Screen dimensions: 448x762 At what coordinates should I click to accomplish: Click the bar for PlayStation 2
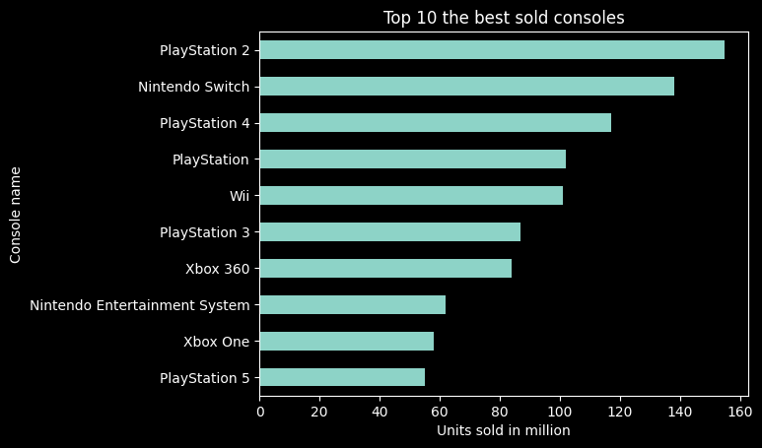point(492,50)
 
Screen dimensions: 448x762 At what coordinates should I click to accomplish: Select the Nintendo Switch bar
point(467,87)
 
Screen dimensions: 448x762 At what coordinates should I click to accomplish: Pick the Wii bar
point(411,196)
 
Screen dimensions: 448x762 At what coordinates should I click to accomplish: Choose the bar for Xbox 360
point(385,269)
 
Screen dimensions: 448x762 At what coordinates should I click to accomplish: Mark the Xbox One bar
point(347,342)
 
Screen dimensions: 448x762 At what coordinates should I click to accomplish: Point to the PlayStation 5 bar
point(342,378)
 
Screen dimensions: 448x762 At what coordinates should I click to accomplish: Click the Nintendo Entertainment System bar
point(353,305)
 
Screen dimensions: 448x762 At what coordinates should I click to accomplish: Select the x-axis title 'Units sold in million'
point(504,430)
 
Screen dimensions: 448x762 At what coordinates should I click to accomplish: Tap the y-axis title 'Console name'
point(16,215)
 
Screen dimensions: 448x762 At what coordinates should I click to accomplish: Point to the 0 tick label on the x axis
point(260,411)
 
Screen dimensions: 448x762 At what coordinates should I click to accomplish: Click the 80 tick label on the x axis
point(500,411)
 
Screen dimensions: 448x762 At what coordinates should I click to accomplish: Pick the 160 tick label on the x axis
point(739,411)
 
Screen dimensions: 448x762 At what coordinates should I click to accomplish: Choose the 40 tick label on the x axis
point(380,411)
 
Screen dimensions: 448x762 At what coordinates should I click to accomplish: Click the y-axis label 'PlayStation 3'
point(204,232)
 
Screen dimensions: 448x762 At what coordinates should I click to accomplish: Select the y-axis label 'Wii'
point(239,196)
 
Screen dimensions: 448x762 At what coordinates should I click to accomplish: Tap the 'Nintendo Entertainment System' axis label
point(140,305)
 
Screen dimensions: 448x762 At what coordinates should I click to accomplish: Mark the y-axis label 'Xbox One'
point(216,342)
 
